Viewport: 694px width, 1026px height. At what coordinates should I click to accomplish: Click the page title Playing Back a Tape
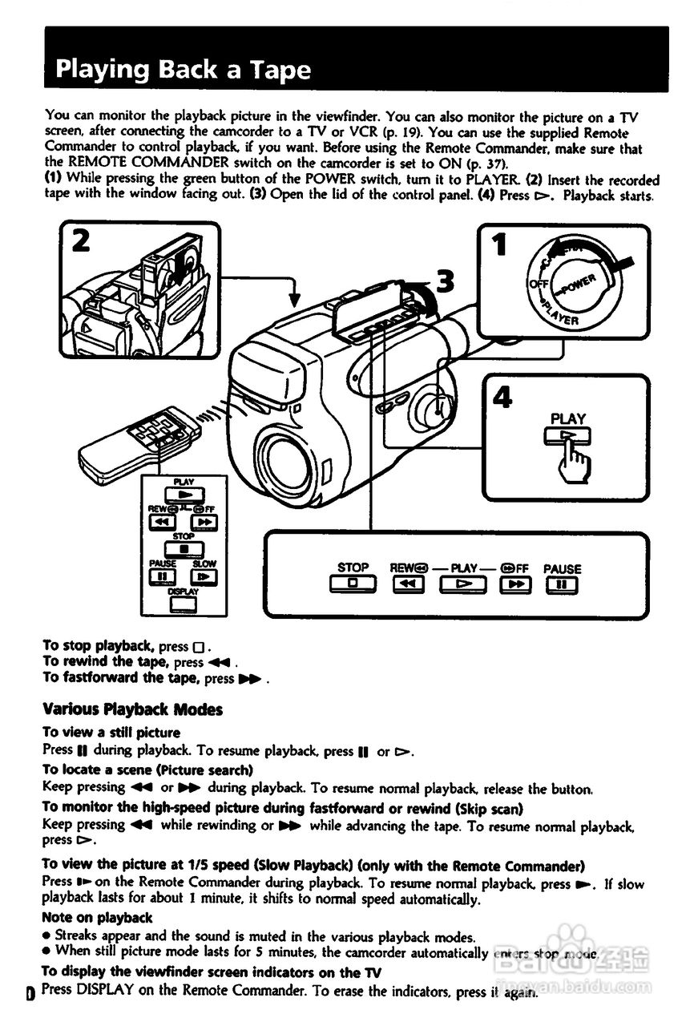[183, 70]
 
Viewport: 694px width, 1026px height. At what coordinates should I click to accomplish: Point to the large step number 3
[445, 281]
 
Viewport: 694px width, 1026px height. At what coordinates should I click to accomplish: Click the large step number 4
[502, 398]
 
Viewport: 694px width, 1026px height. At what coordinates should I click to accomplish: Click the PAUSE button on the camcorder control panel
[562, 584]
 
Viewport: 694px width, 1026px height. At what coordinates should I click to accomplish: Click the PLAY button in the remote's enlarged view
[184, 495]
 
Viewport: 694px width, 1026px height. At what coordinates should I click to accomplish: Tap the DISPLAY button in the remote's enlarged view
[184, 604]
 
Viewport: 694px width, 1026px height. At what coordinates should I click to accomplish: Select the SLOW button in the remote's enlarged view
[204, 576]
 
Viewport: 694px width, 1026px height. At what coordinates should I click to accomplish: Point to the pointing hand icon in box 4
[571, 461]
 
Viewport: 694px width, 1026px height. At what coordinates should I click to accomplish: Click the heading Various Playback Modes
[132, 709]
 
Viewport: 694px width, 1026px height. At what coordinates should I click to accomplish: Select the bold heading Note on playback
[97, 917]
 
